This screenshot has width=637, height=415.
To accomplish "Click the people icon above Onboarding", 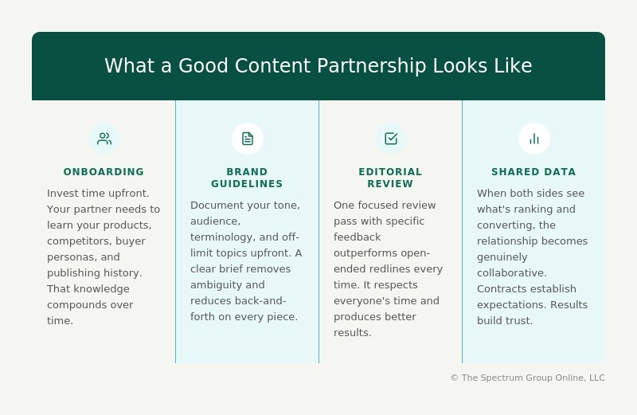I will pos(104,139).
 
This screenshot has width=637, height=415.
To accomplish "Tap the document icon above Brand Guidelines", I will pos(248,139).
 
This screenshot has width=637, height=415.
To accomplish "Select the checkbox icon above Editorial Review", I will pos(391,139).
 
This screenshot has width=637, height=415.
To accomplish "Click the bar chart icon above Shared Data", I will pos(534,139).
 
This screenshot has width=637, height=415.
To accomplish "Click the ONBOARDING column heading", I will pos(104,172).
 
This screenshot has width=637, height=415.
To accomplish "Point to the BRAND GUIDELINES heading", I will pos(247,178).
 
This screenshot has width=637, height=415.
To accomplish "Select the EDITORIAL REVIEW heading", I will pos(390,178).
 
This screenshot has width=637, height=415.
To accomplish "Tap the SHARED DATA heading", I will pos(533,172).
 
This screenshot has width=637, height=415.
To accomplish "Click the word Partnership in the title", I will pos(372,66).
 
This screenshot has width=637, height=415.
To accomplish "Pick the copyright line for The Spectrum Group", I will pos(527,378).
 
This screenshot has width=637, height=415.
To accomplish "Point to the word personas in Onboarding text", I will pos(69,256).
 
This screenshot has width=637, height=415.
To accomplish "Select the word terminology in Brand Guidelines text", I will pos(222,237).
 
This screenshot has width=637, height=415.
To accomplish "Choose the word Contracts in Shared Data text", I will pos(501,288).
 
